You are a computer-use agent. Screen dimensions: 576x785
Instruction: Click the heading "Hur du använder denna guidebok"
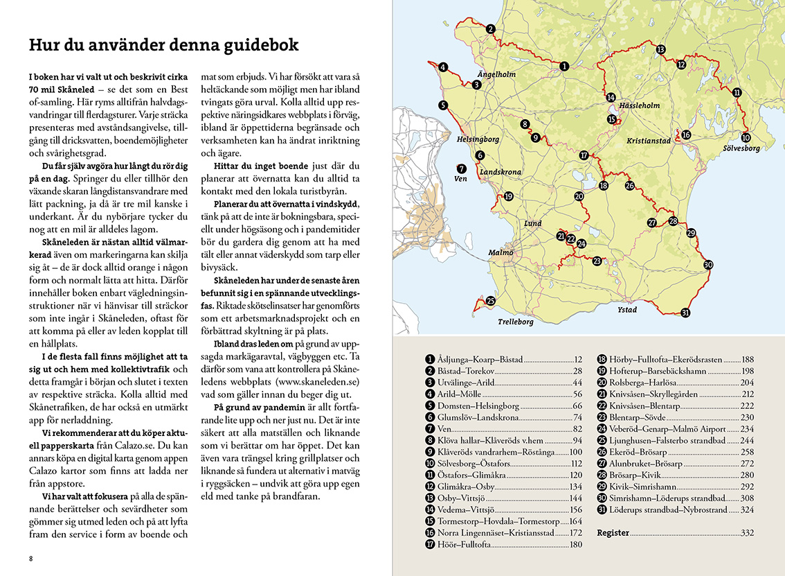[x=163, y=45]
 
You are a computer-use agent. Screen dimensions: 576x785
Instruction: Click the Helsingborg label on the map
[x=478, y=139]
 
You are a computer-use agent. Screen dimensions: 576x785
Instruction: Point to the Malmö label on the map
[x=501, y=252]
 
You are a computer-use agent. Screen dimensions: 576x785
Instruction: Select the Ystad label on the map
[x=627, y=310]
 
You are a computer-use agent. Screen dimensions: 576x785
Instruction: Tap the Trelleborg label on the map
[x=516, y=322]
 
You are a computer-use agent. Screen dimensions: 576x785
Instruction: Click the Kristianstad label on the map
[x=649, y=141]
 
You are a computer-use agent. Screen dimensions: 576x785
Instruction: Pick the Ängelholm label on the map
[x=497, y=73]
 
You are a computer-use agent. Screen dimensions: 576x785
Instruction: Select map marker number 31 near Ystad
[x=685, y=313]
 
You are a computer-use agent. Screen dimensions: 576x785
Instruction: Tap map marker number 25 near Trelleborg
[x=491, y=301]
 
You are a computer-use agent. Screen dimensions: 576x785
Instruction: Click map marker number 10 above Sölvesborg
[x=746, y=137]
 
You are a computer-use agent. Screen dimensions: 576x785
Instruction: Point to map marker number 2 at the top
[x=490, y=29]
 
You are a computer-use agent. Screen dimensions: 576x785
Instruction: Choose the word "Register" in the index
[x=613, y=533]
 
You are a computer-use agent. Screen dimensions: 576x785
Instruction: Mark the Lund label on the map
[x=533, y=224]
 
